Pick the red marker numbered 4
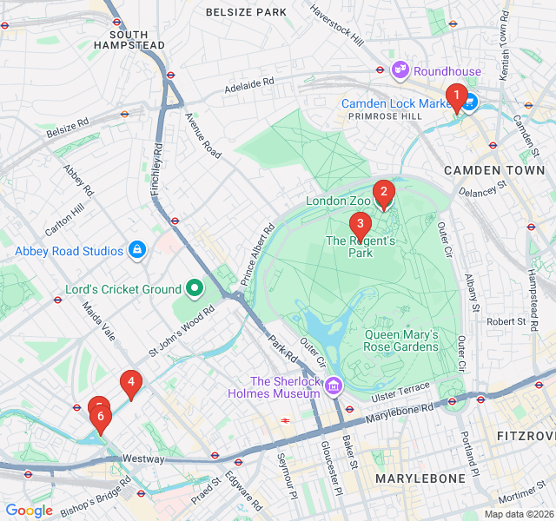[x=130, y=382]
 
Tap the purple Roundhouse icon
[x=400, y=70]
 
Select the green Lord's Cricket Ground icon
[x=195, y=288]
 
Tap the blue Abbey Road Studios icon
[x=136, y=251]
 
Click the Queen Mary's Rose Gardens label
[x=401, y=340]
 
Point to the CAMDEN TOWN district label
[x=493, y=170]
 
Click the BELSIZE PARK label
[x=246, y=12]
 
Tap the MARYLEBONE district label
[x=420, y=478]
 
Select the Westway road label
[x=143, y=458]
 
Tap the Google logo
[x=30, y=511]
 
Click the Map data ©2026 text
[x=518, y=514]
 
